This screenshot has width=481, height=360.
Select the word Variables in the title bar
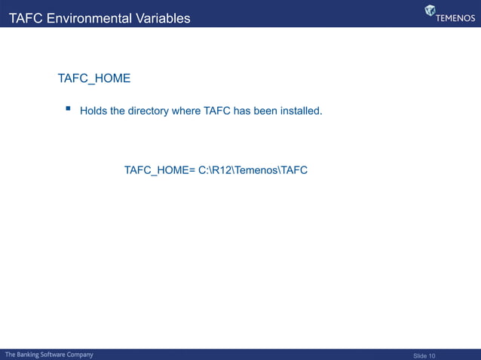pyautogui.click(x=164, y=18)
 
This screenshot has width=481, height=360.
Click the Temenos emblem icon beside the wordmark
pyautogui.click(x=430, y=11)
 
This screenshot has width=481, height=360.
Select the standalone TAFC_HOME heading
pyautogui.click(x=94, y=78)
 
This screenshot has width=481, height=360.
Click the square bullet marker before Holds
pyautogui.click(x=68, y=109)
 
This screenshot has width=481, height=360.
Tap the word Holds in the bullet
pyautogui.click(x=93, y=111)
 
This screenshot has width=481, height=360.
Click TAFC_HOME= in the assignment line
pyautogui.click(x=160, y=171)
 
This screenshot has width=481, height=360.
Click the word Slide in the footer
pyautogui.click(x=420, y=355)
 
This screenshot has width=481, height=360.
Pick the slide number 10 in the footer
pyautogui.click(x=432, y=355)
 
